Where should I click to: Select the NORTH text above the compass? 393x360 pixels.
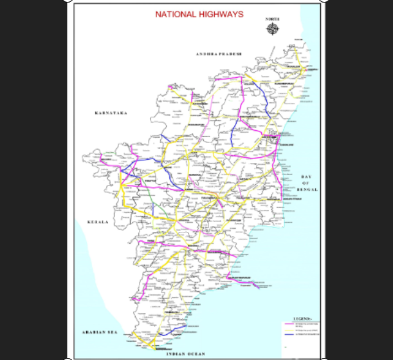(272, 19)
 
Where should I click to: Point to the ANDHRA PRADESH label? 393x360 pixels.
(219, 54)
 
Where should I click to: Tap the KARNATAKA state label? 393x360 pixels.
(111, 113)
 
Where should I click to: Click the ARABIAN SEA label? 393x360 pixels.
(98, 332)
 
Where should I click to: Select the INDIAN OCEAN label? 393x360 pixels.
(185, 354)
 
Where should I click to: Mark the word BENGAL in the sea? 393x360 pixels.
(307, 191)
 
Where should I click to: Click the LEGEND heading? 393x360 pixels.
(302, 319)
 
